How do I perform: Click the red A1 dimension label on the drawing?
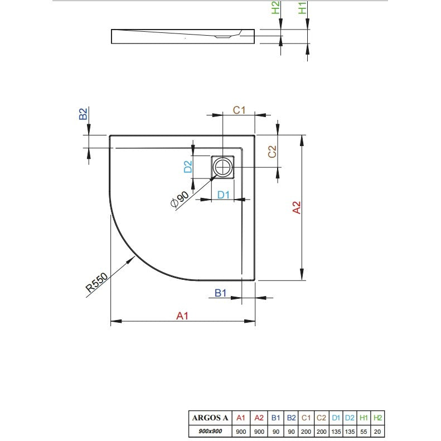click(182, 316)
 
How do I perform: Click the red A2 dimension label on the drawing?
click(297, 207)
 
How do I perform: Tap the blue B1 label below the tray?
click(221, 293)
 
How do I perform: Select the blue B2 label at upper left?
click(83, 114)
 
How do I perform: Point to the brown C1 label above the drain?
click(239, 110)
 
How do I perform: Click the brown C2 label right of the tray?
click(272, 152)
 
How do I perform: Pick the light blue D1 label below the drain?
click(224, 195)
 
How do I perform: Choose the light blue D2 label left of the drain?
click(188, 167)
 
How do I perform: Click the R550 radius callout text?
click(96, 282)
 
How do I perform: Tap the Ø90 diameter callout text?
click(180, 199)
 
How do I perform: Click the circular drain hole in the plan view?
click(223, 167)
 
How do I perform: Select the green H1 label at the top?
click(302, 8)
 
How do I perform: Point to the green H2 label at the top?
click(275, 8)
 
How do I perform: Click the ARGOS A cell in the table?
click(210, 418)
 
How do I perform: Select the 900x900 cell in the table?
click(210, 431)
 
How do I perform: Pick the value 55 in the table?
click(364, 432)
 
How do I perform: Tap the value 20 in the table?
click(377, 432)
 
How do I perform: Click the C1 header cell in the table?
click(306, 418)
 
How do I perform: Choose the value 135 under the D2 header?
click(350, 432)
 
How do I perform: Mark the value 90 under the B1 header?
click(276, 432)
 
